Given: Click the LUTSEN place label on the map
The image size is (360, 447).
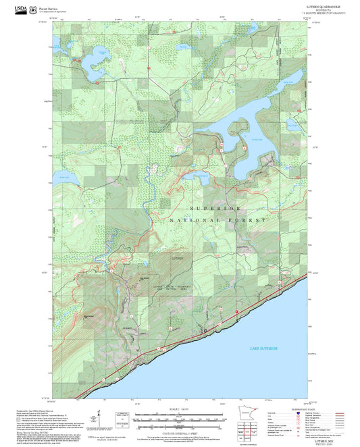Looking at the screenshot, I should pyautogui.click(x=178, y=258).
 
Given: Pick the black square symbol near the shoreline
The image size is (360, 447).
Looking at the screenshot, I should pyautogui.click(x=205, y=330).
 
